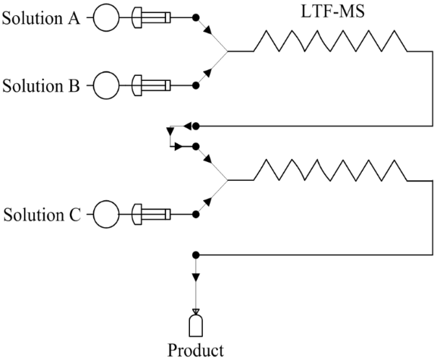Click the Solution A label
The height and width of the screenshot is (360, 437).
point(42,17)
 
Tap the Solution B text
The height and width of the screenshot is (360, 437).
point(42,87)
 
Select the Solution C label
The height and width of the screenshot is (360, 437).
point(42,215)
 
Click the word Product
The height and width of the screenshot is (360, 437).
point(196,351)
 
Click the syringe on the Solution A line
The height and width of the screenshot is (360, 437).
point(152,17)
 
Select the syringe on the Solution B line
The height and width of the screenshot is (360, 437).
point(152,87)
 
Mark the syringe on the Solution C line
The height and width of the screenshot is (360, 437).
point(152,215)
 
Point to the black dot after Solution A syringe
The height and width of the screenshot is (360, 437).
point(195,17)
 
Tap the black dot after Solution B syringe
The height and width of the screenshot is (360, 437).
point(195,87)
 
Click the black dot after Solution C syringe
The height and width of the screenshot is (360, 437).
point(195,215)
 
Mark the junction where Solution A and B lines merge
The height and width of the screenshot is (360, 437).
point(228,52)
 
